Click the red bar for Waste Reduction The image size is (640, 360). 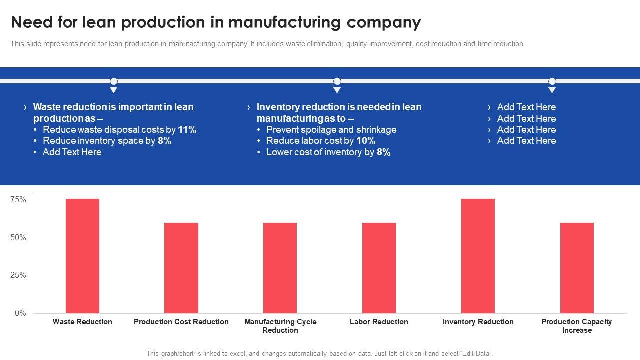[x=82, y=256]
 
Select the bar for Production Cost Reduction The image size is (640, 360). [x=181, y=268]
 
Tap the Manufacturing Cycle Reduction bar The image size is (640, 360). [x=280, y=268]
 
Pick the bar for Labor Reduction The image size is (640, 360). [x=379, y=268]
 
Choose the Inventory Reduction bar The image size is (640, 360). [x=478, y=256]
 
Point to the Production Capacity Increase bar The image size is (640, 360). [x=577, y=268]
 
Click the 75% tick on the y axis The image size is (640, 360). [x=18, y=200]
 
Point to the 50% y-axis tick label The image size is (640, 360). [x=18, y=237]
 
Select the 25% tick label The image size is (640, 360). [x=18, y=275]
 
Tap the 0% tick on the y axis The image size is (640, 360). [x=20, y=313]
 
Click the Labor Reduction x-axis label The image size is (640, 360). [x=379, y=322]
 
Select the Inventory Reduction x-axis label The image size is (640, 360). [x=478, y=322]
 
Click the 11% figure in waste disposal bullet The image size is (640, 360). [x=187, y=130]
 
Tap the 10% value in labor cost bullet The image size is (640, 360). [x=366, y=141]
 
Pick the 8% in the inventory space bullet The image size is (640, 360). [x=165, y=141]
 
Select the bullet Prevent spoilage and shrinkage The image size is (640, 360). [x=331, y=130]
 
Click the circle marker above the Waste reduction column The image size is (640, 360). [x=114, y=81]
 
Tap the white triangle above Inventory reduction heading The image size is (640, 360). [x=337, y=90]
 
